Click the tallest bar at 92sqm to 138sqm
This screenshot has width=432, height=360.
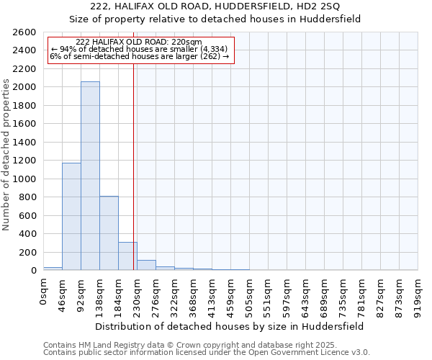coord(90,176)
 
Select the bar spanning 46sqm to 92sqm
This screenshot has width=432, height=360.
coord(71,217)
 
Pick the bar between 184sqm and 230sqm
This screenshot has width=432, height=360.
coord(127,256)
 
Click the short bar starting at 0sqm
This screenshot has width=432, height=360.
coord(53,269)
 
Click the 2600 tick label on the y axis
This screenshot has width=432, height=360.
coord(24,32)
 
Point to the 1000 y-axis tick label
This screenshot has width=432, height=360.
coord(24,179)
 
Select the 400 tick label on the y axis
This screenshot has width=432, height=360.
coord(27,234)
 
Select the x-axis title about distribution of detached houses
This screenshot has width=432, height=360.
coord(230,326)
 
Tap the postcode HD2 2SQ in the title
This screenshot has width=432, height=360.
coord(318,26)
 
